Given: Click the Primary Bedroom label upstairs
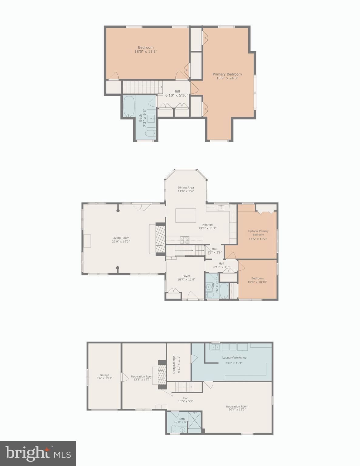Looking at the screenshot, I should click(227, 74).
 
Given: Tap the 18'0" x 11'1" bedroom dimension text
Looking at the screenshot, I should click(146, 52).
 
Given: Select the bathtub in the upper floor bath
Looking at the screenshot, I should click(129, 106).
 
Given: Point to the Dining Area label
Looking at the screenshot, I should click(186, 187).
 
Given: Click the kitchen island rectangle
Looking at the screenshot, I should click(186, 215).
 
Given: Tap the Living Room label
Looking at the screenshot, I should click(121, 238).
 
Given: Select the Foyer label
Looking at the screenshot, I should click(186, 276).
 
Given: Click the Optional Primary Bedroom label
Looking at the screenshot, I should click(258, 233).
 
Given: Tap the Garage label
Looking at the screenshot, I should click(104, 375).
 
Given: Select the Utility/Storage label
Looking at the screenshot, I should click(174, 364).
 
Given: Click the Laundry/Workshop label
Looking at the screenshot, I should click(234, 357).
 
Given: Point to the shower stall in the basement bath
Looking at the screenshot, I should click(195, 422).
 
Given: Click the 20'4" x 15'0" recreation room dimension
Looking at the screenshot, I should click(237, 410).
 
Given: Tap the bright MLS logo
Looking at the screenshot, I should click(38, 453).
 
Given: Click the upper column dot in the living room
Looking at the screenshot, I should click(118, 210).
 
